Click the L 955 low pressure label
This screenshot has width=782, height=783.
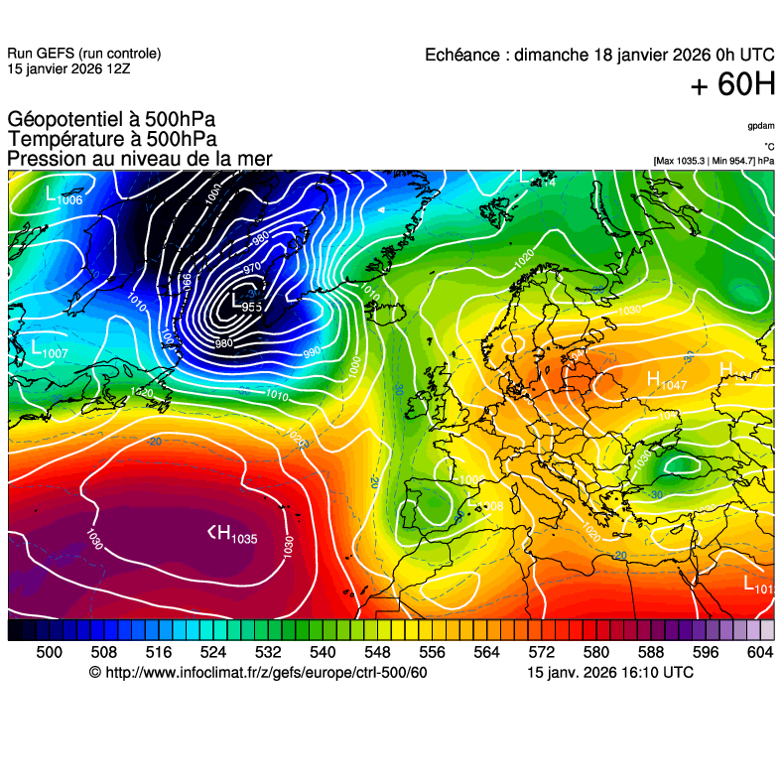click(x=242, y=302)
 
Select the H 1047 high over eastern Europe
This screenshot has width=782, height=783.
click(x=666, y=380)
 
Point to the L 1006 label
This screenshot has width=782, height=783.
click(x=63, y=197)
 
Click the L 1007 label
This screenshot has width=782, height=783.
click(x=49, y=349)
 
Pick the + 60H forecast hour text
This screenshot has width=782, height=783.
click(x=732, y=85)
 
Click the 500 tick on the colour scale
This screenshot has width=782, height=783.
click(x=49, y=651)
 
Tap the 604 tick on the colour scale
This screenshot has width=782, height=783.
click(x=759, y=651)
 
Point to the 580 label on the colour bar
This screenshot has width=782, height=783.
click(x=595, y=651)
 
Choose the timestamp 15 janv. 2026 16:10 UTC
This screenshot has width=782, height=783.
click(x=609, y=673)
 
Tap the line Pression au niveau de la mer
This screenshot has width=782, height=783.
click(x=139, y=159)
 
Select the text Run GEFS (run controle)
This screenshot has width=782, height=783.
click(x=83, y=54)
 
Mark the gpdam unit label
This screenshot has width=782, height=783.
click(x=761, y=126)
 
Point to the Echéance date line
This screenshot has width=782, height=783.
click(x=599, y=56)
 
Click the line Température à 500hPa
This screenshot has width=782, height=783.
click(x=112, y=140)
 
